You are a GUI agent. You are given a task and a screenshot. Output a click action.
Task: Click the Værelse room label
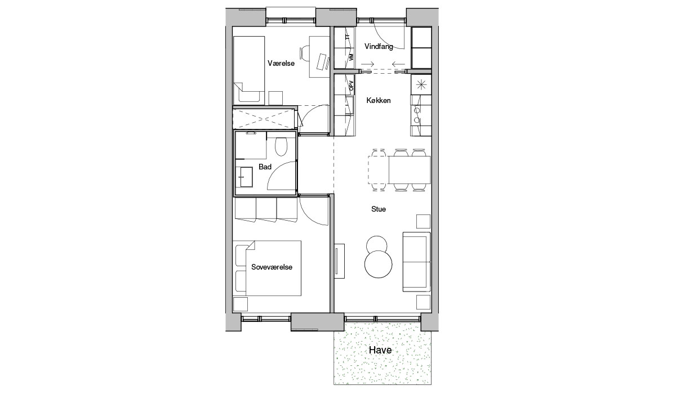[x=281, y=63]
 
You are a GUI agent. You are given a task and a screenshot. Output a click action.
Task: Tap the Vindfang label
[x=379, y=46]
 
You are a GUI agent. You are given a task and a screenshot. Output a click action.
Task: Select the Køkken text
[x=379, y=100]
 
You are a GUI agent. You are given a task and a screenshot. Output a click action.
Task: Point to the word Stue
[x=379, y=209]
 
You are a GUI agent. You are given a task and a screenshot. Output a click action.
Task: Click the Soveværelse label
[x=272, y=267]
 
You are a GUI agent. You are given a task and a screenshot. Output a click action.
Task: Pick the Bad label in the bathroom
[x=265, y=167]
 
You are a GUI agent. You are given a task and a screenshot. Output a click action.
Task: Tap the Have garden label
[x=380, y=350]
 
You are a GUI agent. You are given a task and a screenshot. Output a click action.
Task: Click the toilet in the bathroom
[x=281, y=146]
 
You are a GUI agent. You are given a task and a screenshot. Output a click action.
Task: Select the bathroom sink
[x=244, y=177]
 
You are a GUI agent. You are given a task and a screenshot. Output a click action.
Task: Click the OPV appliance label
[x=351, y=86]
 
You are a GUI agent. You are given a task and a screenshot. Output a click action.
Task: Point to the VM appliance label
[x=351, y=57]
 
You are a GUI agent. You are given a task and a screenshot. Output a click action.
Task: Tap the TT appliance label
[x=348, y=37]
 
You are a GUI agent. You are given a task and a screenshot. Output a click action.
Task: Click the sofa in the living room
[x=416, y=262]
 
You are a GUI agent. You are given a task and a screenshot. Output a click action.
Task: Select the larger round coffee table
[x=378, y=264]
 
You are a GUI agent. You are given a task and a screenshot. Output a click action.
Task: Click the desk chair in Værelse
[x=305, y=53]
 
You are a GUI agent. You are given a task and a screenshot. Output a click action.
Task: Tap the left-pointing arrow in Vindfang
[x=398, y=64]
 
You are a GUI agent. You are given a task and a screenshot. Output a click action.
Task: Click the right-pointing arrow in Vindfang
[x=367, y=64]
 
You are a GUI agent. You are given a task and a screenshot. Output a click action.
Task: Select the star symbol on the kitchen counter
[x=421, y=84]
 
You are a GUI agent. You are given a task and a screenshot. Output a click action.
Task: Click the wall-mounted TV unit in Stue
[x=340, y=261]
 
